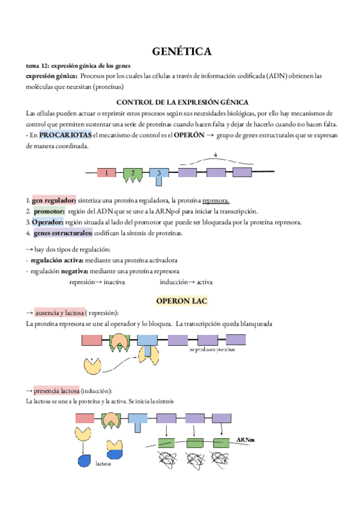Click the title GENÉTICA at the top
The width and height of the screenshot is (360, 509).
point(181,52)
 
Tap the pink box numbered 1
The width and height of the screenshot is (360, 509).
point(106,173)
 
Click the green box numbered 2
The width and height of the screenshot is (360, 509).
point(133,173)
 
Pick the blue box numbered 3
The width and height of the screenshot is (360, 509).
point(159,173)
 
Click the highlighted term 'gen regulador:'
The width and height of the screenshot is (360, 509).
point(54,200)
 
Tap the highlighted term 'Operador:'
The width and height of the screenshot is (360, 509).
point(48,222)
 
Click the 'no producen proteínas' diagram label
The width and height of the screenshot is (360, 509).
point(211,349)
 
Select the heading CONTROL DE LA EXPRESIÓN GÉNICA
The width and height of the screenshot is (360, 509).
point(181,101)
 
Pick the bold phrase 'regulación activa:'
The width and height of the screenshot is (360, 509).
point(57,261)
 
